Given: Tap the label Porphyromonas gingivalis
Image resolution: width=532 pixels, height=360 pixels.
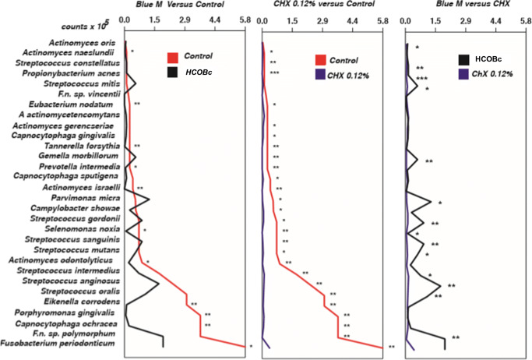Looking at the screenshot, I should pyautogui.click(x=72, y=312).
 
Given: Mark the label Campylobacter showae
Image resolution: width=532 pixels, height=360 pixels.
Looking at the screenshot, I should pyautogui.click(x=75, y=208).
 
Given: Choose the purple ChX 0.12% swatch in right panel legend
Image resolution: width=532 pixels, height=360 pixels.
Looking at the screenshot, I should pyautogui.click(x=464, y=74).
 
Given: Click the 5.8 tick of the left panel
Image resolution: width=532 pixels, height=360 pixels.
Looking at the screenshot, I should pyautogui.click(x=244, y=21).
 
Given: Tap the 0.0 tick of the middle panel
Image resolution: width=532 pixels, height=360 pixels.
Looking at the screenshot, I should pyautogui.click(x=262, y=21).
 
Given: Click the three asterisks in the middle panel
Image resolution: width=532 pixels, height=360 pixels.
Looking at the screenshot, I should pyautogui.click(x=275, y=72).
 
